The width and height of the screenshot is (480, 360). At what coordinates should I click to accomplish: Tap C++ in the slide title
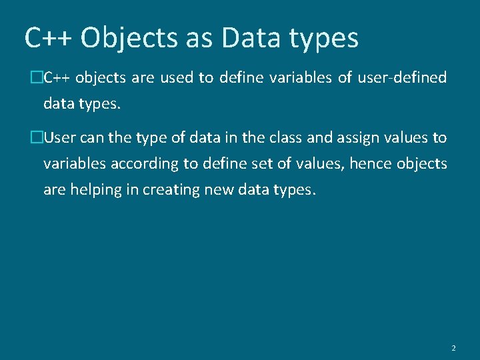[x=49, y=38]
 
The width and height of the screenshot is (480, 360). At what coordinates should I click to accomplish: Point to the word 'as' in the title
[x=198, y=38]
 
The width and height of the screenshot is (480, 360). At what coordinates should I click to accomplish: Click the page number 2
[x=453, y=348]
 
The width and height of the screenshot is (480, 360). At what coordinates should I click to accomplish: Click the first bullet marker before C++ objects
[x=37, y=78]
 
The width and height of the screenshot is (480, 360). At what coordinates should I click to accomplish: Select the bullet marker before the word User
[x=37, y=138]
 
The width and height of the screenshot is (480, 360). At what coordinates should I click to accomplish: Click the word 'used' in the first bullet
[x=177, y=78]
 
